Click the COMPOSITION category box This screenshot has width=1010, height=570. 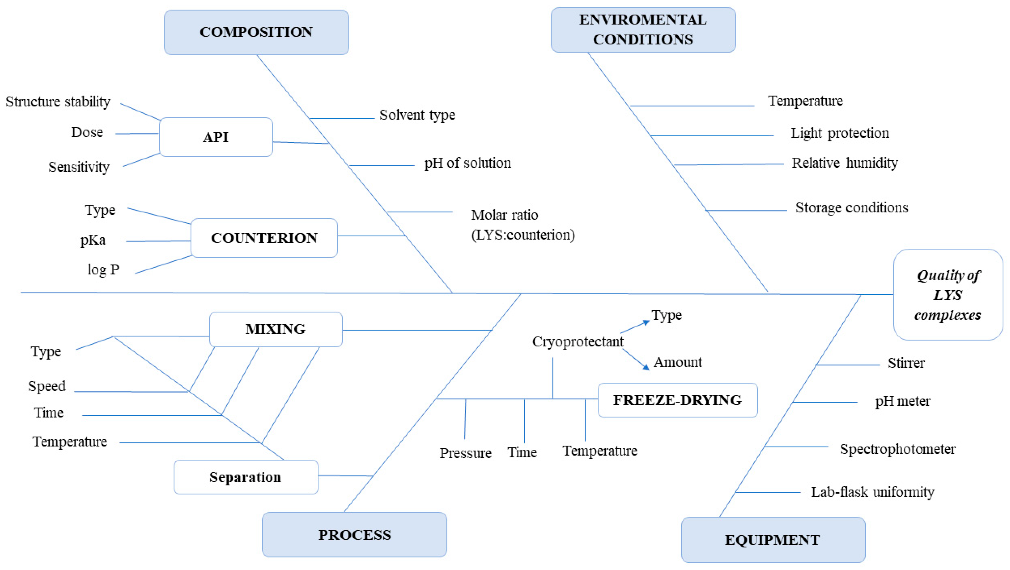(x=256, y=32)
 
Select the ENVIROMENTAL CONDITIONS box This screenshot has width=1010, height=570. (x=643, y=30)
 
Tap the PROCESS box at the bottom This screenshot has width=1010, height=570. (x=354, y=535)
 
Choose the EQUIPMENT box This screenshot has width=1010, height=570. (x=773, y=540)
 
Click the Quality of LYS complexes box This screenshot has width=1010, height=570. (x=948, y=295)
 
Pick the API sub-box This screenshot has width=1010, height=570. (x=216, y=137)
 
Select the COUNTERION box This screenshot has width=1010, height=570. (x=264, y=238)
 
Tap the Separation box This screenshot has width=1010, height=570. (x=246, y=477)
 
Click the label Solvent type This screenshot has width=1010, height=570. (x=417, y=115)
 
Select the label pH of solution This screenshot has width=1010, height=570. (x=467, y=163)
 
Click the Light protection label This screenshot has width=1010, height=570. (x=839, y=133)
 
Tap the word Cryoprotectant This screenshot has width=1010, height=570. (x=577, y=341)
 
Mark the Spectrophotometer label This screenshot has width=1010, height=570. (x=897, y=449)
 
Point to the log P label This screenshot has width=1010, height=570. (x=103, y=270)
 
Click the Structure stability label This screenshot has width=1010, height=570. (x=58, y=102)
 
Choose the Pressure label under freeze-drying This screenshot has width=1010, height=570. (x=465, y=453)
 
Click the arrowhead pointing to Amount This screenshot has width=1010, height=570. (x=645, y=367)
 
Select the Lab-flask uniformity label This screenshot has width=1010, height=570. (x=872, y=492)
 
